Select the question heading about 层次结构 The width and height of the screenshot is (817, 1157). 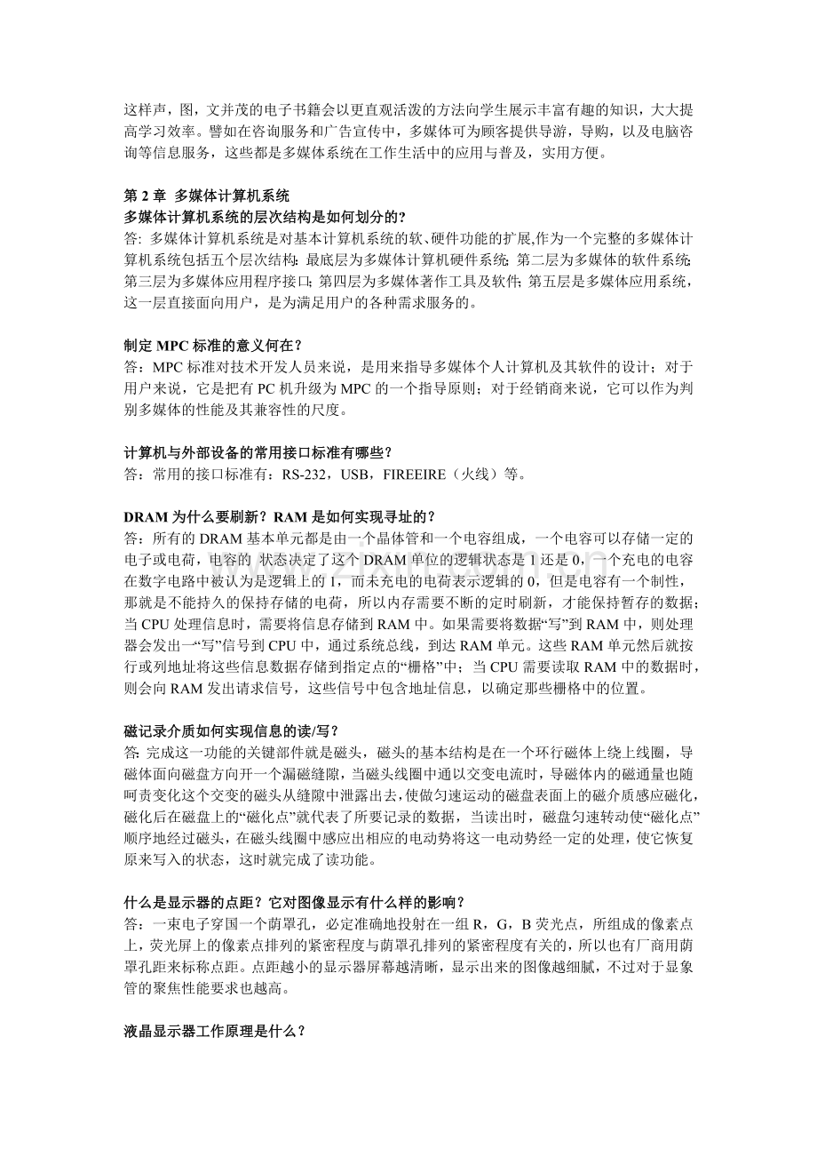(266, 217)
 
